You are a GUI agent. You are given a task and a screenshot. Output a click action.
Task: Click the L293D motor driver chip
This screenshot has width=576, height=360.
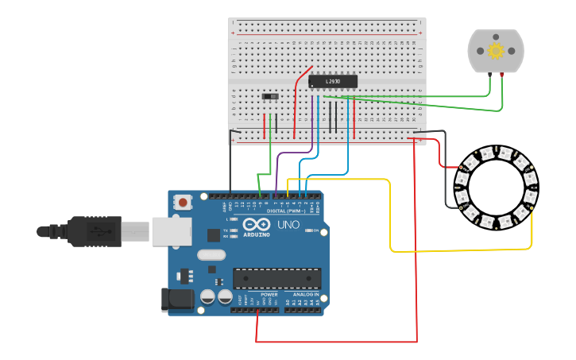click(x=332, y=81)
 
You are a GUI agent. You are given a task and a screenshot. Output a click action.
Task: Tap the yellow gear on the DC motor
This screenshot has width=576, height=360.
click(x=496, y=51)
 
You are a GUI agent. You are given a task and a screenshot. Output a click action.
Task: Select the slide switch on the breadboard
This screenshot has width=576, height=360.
click(x=270, y=97)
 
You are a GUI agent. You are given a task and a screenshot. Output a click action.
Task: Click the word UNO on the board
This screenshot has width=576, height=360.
click(x=288, y=225)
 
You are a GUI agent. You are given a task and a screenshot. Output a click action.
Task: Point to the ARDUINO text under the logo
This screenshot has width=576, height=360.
click(x=257, y=234)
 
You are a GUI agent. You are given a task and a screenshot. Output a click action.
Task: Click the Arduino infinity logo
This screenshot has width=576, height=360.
click(x=257, y=224)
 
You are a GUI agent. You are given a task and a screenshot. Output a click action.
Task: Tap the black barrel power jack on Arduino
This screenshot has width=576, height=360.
click(x=176, y=299)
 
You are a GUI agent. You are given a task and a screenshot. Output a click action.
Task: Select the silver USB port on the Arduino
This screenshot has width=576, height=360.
click(x=172, y=230)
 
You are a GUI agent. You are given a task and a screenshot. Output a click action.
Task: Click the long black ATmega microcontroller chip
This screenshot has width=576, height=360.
click(x=276, y=278)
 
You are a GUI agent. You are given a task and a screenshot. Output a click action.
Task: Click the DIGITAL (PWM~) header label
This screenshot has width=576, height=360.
click(x=286, y=210)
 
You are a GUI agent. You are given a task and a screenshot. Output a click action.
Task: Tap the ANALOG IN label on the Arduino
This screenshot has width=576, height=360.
click(x=306, y=294)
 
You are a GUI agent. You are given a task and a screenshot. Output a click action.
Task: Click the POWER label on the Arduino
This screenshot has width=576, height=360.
click(x=269, y=294)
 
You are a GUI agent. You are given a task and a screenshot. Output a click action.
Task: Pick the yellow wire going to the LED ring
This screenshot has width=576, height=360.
click(x=390, y=215)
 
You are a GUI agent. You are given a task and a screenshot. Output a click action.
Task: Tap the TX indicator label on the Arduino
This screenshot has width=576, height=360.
click(x=229, y=230)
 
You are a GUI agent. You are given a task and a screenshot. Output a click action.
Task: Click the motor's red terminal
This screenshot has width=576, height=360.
click(x=503, y=75)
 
